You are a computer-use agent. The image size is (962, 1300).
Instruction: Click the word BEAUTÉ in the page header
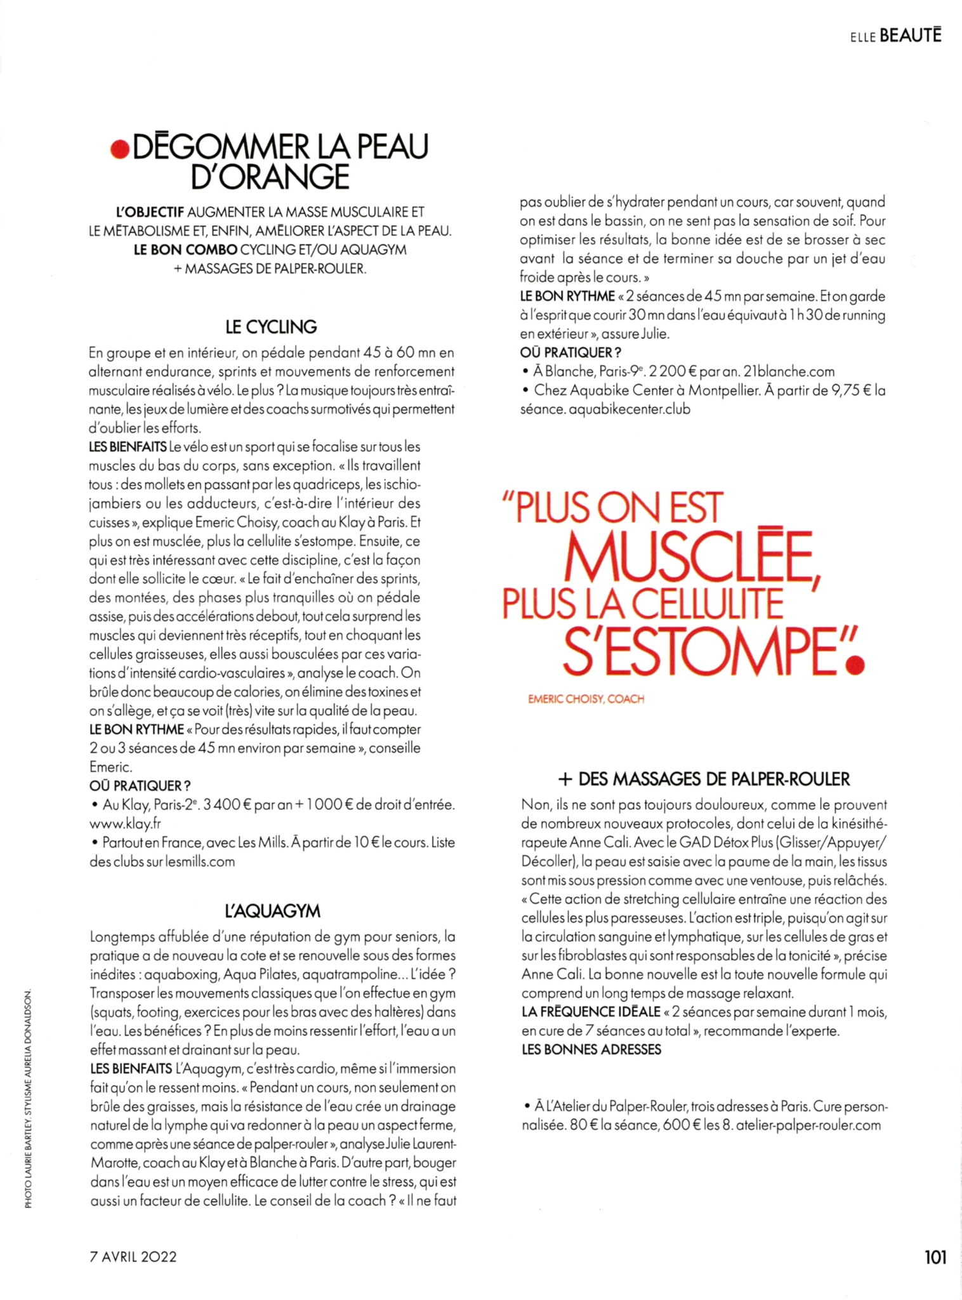click(x=911, y=36)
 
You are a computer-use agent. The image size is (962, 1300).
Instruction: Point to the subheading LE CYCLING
click(x=271, y=327)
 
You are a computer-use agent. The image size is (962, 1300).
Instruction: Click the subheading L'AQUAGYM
click(x=273, y=912)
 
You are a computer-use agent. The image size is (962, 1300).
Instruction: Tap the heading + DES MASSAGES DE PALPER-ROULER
click(x=704, y=779)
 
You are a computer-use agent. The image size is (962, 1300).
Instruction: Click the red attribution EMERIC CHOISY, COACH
click(x=586, y=699)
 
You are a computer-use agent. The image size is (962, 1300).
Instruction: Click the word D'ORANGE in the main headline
click(x=270, y=176)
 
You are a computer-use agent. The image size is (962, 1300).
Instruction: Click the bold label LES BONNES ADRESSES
click(x=591, y=1049)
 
